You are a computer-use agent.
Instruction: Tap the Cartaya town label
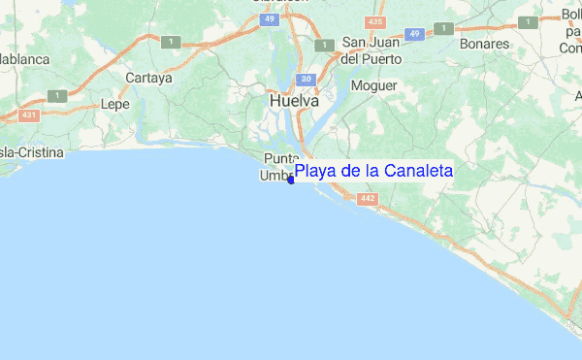(148, 78)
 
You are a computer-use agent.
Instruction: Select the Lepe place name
(114, 104)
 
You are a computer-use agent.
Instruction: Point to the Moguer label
(374, 85)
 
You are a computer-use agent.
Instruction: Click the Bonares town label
(487, 45)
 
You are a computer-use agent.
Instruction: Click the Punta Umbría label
(278, 167)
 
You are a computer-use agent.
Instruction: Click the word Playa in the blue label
(314, 172)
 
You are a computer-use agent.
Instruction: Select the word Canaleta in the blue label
(418, 172)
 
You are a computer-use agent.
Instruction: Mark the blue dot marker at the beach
(291, 179)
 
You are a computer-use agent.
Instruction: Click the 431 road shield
(29, 115)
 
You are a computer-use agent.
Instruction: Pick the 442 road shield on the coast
(367, 199)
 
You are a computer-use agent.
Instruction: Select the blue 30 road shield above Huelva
(306, 79)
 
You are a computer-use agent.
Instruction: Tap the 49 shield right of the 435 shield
(414, 34)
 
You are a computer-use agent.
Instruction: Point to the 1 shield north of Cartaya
(171, 41)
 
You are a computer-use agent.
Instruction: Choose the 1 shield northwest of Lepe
(60, 95)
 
